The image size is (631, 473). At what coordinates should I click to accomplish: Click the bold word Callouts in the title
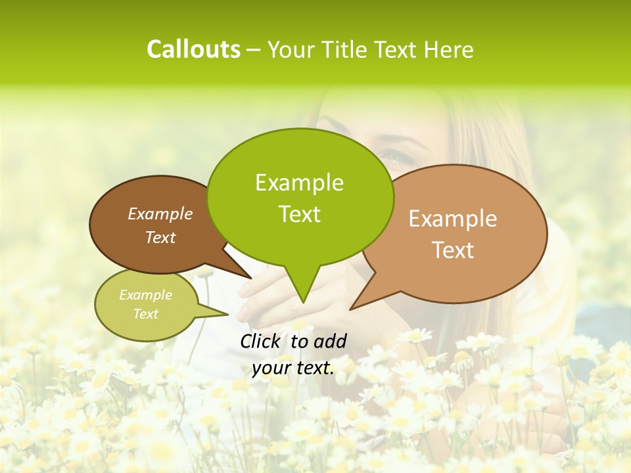193,49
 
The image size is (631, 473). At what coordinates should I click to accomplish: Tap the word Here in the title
448,50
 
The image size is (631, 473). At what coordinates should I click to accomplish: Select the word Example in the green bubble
299,183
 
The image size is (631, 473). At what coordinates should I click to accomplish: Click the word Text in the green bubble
299,214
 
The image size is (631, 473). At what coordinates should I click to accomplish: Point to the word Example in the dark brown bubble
160,214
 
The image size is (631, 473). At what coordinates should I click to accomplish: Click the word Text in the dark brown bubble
160,237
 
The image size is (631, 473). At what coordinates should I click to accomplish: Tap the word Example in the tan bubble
453,219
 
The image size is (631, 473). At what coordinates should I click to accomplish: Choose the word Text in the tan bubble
453,250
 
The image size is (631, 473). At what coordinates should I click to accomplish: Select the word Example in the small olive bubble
145,295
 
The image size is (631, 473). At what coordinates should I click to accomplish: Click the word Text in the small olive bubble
145,314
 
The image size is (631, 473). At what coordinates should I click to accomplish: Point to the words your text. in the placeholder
292,368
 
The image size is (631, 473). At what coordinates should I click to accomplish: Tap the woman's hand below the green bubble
263,296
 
